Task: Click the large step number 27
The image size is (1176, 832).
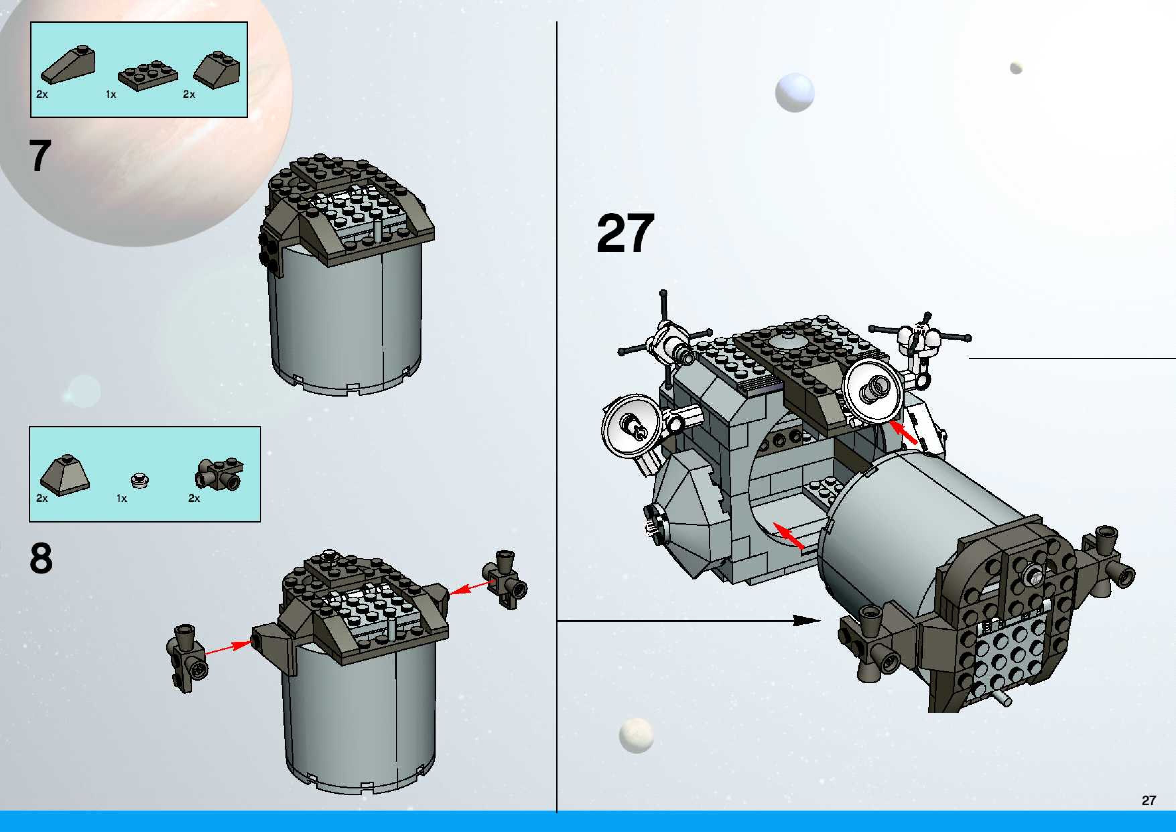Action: [626, 233]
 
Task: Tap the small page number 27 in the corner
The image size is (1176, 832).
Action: [1148, 800]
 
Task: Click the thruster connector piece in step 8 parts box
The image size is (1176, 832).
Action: [219, 473]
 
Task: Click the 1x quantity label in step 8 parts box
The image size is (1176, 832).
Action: [121, 498]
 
